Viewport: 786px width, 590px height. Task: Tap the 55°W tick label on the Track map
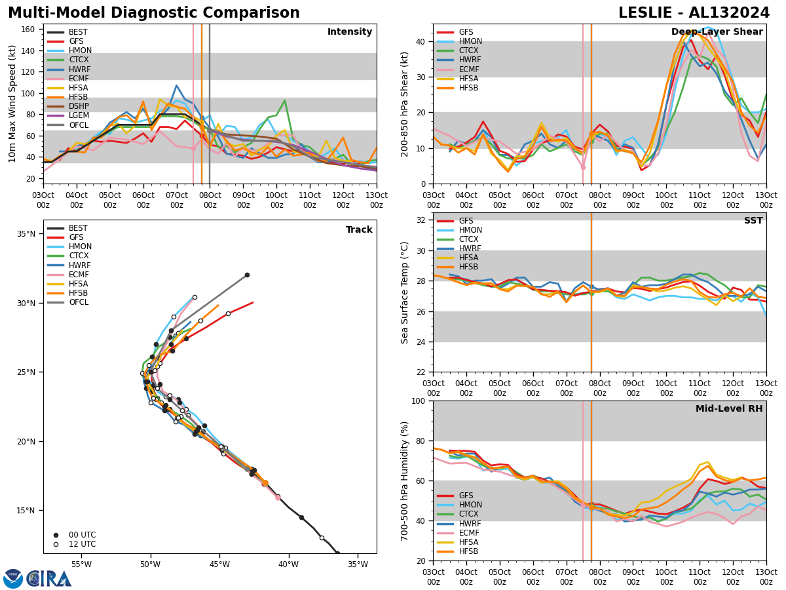81,564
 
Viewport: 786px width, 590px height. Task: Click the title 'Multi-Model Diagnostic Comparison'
154,13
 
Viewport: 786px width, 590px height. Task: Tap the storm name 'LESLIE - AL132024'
694,13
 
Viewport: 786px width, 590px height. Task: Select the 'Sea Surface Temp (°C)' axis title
405,292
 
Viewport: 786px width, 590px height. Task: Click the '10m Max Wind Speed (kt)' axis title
12,104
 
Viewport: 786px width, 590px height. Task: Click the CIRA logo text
49,579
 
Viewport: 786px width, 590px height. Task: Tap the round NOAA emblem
13,579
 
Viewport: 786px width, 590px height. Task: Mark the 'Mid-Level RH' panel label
729,409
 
